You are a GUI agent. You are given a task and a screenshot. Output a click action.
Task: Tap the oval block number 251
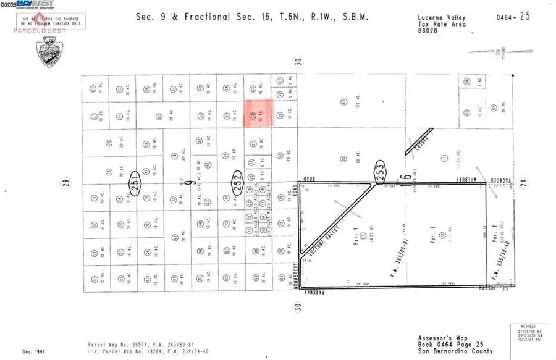pyautogui.click(x=133, y=182)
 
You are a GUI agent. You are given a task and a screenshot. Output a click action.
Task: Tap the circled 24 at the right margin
pyautogui.click(x=522, y=182)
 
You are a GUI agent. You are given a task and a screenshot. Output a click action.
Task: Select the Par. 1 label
pyautogui.click(x=355, y=235)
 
